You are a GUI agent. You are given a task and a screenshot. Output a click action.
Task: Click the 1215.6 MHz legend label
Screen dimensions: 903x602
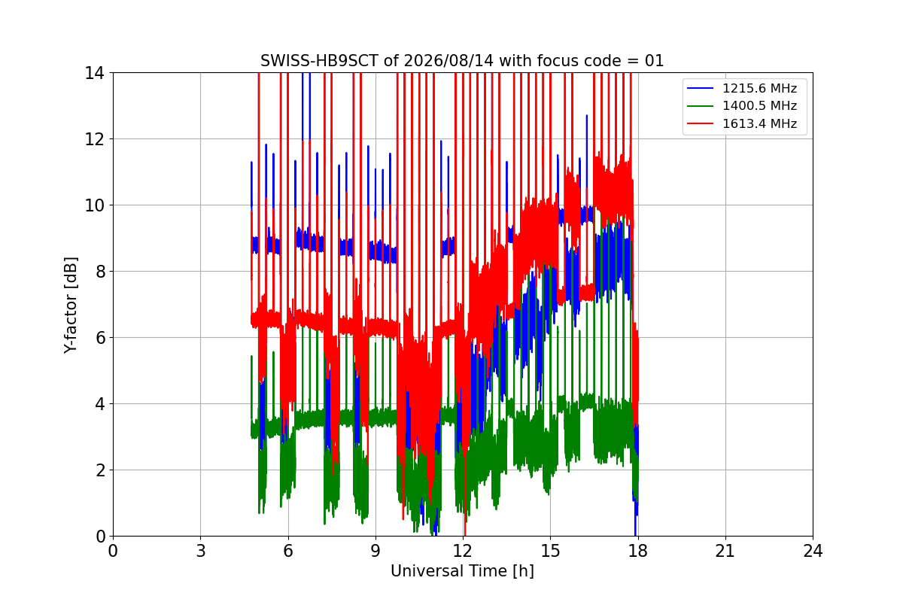coord(759,88)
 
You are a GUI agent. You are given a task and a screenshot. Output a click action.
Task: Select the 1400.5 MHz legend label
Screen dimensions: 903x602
coord(759,105)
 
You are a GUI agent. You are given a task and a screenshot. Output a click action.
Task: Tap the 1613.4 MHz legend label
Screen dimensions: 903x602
coord(759,123)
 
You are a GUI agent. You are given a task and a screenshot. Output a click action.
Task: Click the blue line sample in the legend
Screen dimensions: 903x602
coord(701,88)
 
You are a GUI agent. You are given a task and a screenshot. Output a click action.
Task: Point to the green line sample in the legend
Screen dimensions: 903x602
coord(701,106)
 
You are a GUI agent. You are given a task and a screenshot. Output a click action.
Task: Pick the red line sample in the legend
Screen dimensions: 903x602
coord(701,123)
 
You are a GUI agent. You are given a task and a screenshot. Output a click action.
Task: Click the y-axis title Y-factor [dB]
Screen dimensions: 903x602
coord(71,306)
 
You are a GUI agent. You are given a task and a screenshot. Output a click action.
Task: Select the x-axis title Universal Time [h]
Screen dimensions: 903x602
coord(462,571)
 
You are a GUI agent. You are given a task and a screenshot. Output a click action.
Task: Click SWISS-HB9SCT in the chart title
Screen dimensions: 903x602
coord(319,61)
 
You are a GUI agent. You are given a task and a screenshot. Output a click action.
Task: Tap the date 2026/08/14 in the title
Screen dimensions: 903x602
coord(448,61)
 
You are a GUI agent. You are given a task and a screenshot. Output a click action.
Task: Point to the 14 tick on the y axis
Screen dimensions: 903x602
coord(94,74)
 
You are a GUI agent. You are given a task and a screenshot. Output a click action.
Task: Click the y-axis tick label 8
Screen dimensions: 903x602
coord(100,272)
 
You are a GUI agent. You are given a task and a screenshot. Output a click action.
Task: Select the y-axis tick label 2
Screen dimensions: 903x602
coord(100,470)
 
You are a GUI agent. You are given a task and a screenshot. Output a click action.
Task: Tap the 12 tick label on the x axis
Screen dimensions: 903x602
coord(463,551)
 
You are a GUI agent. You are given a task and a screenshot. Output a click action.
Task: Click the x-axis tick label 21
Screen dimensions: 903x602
coord(725,551)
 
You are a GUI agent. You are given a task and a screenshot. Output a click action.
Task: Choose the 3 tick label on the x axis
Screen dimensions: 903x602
coord(201,551)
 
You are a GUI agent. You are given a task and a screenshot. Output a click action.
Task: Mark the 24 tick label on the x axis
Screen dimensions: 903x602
coord(813,551)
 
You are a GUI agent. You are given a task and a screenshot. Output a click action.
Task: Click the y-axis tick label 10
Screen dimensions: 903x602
coord(94,205)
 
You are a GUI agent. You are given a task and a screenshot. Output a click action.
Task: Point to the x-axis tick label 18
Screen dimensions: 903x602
coord(638,551)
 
